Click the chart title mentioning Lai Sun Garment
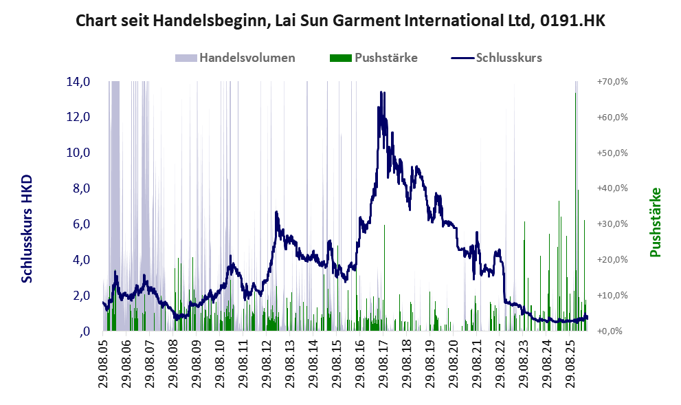tap(340, 21)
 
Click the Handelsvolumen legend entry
tap(235, 58)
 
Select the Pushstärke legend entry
tap(374, 58)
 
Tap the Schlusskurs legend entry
tap(496, 58)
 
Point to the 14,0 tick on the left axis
tap(78, 82)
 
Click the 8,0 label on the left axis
tap(82, 188)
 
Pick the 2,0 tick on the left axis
tap(82, 296)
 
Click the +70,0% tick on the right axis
tap(612, 82)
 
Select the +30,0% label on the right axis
tap(612, 224)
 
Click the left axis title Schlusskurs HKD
tap(27, 229)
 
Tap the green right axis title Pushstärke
tap(656, 223)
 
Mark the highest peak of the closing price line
tap(381, 91)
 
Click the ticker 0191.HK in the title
tap(573, 21)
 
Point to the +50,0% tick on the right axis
tap(612, 153)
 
